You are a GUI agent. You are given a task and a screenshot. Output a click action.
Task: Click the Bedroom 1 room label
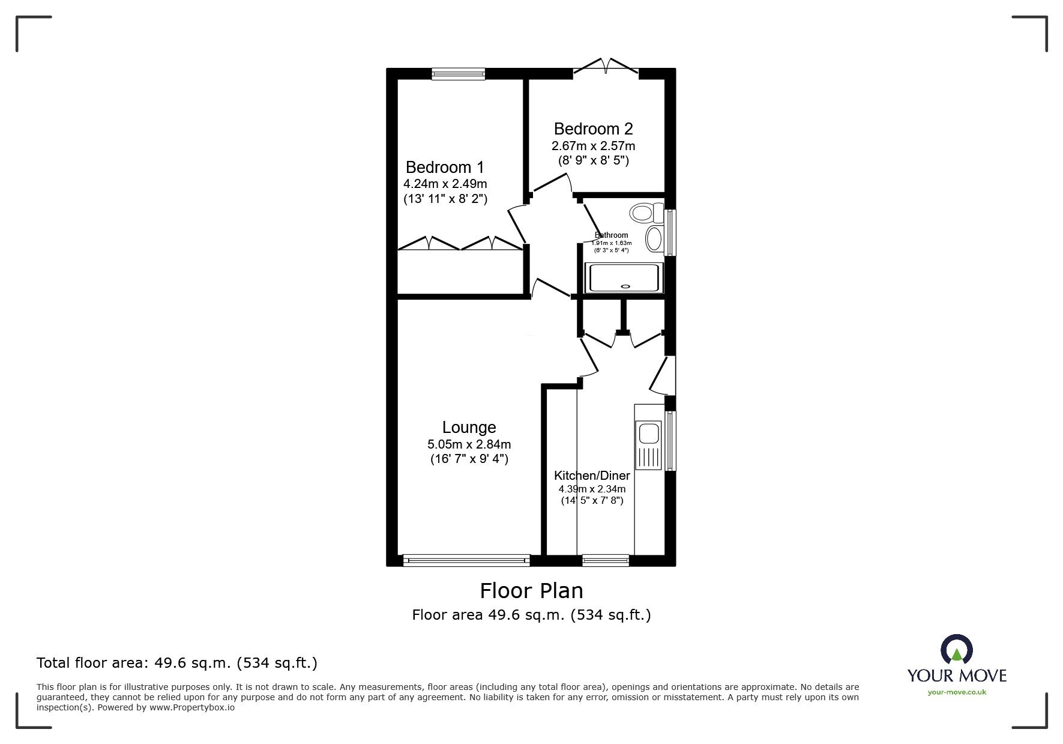click(445, 167)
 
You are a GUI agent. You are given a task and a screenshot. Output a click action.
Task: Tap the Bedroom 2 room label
click(593, 129)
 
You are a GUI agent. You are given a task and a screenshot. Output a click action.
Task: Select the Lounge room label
click(469, 428)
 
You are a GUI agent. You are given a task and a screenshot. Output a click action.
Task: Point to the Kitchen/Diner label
click(592, 476)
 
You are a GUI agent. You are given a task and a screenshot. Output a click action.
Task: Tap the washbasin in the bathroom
click(654, 239)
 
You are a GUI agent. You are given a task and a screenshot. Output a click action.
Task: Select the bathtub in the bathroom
click(624, 278)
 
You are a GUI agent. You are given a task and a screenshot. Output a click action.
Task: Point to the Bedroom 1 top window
click(459, 74)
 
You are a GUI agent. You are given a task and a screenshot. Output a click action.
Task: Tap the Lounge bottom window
click(466, 561)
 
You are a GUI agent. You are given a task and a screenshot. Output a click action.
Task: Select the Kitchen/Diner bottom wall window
click(606, 561)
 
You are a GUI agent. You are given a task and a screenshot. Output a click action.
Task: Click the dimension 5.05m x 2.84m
click(469, 445)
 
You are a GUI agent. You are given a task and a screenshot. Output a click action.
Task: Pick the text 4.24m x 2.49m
click(445, 184)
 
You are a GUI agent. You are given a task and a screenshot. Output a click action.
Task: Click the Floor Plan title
click(531, 591)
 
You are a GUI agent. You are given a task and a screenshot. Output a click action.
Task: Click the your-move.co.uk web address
click(957, 692)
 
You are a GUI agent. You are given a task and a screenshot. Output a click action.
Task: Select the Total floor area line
click(177, 663)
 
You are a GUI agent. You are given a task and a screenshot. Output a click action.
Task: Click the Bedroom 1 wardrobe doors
click(460, 243)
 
